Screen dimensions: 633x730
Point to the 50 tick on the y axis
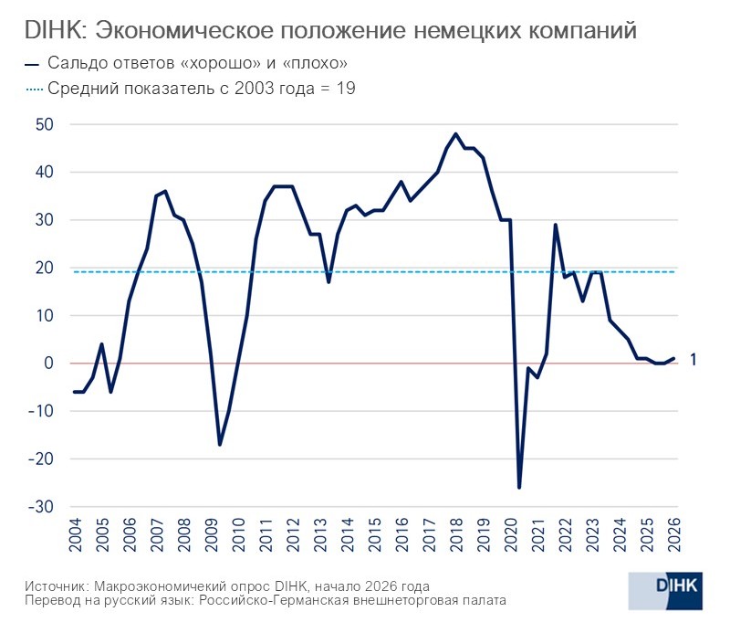tap(45, 124)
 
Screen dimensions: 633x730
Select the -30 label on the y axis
tap(41, 506)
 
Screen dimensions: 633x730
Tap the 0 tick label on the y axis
tap(49, 363)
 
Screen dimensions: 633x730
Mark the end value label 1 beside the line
tap(693, 360)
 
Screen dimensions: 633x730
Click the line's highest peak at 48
tap(455, 134)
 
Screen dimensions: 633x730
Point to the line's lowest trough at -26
tap(520, 487)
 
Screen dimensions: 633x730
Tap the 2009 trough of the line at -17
tap(220, 444)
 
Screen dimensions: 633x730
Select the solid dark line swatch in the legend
tap(33, 64)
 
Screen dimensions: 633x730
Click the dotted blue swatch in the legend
tap(34, 89)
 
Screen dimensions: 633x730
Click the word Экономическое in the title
tap(183, 30)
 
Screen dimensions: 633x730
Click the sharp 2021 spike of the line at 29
tap(556, 225)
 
